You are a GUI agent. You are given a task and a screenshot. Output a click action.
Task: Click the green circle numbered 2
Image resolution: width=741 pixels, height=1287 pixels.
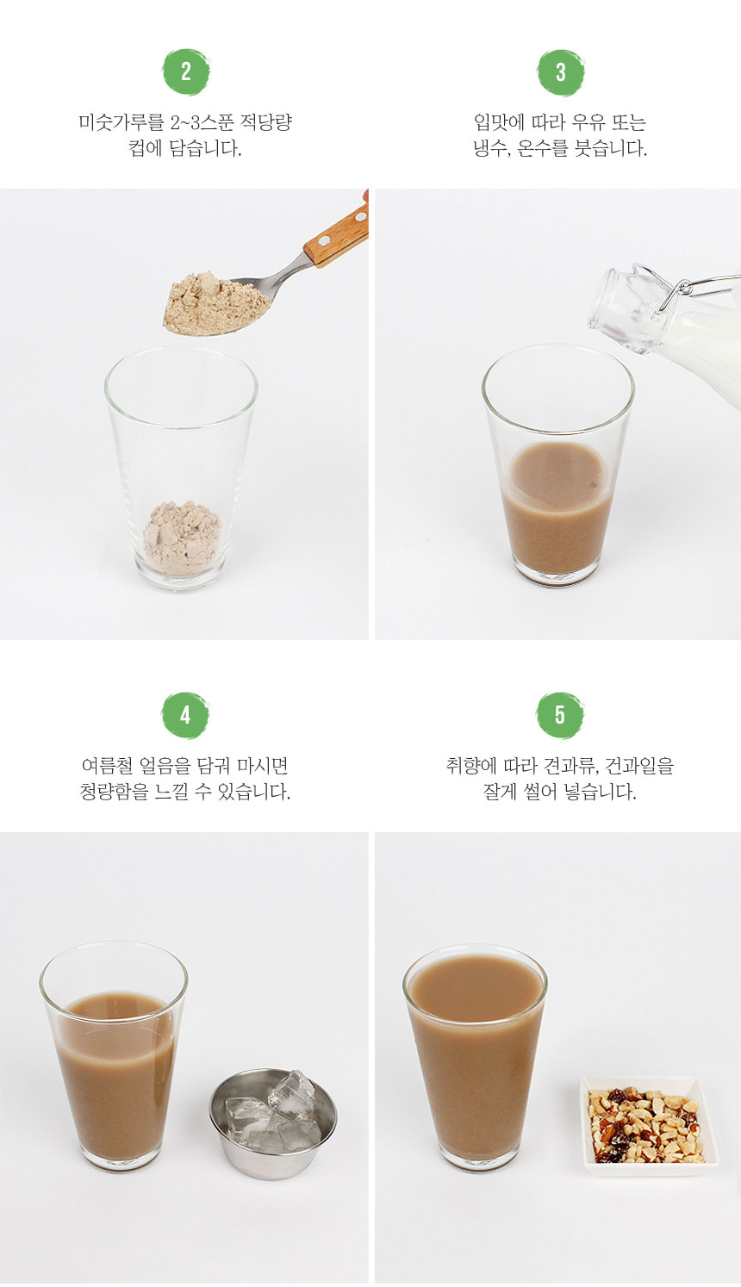(186, 71)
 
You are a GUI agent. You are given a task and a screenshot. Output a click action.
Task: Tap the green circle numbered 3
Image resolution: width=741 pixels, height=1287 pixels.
(561, 71)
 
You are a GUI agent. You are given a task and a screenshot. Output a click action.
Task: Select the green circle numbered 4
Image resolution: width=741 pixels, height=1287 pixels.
(185, 715)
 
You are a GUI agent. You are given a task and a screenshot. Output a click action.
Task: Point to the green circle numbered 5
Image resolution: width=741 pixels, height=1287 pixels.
(560, 715)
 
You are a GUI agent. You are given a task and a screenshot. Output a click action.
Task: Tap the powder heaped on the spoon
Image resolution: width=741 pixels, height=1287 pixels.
(215, 302)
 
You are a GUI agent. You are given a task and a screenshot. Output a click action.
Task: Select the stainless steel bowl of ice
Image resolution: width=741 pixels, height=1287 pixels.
(273, 1123)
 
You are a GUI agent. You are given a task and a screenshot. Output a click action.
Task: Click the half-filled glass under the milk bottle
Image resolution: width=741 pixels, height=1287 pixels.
(558, 464)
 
